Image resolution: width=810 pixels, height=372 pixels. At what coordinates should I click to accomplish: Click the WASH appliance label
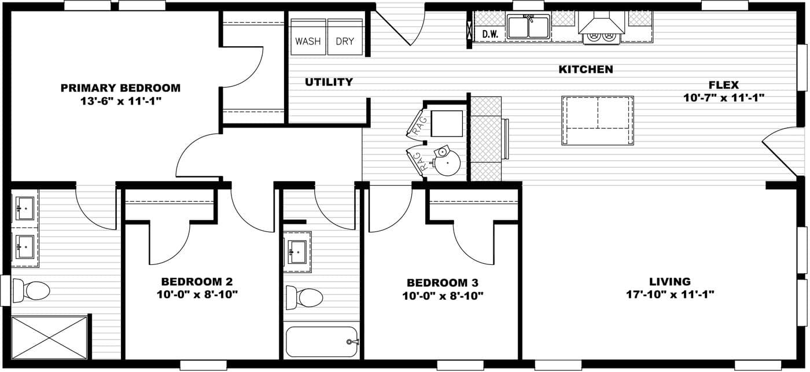point(308,41)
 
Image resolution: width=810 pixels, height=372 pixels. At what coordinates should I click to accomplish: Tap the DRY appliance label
point(345,41)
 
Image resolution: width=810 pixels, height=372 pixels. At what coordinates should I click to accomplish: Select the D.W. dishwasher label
point(490,34)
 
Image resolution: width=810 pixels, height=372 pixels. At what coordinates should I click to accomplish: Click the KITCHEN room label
point(586,69)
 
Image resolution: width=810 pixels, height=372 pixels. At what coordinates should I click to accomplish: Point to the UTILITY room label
point(329,82)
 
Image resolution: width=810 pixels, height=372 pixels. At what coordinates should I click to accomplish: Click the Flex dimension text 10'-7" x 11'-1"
point(724,98)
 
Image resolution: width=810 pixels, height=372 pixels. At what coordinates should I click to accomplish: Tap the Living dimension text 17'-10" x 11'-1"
point(670,294)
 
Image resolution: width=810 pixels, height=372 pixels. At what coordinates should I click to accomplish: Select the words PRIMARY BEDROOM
point(120,88)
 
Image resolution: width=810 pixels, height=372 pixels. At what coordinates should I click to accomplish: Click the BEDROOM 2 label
point(197,281)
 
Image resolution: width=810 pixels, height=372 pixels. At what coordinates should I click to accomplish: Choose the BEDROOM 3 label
point(443,282)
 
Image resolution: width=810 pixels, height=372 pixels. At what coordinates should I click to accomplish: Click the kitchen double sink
point(528,27)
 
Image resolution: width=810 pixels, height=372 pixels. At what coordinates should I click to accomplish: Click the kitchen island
point(597,120)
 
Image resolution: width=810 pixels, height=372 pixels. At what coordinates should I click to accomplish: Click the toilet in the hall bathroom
point(304,297)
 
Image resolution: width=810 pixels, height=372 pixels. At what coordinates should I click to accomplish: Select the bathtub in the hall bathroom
point(322,342)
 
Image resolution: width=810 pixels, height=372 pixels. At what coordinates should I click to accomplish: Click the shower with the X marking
point(49,338)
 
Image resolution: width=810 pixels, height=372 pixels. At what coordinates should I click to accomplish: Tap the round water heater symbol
point(447,163)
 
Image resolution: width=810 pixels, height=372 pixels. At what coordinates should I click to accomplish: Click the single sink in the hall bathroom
point(297,252)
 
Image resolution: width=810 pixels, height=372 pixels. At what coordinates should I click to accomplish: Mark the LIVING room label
point(670,281)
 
